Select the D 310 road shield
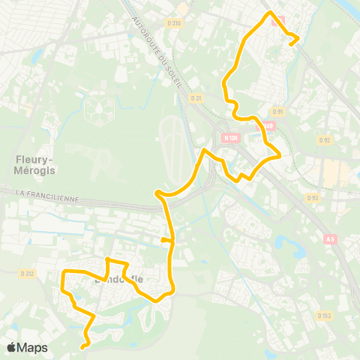[x=175, y=23]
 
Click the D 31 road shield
[x=196, y=98]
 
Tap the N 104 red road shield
[x=230, y=138]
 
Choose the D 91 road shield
[x=278, y=112]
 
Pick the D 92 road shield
[x=324, y=139]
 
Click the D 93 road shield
[x=313, y=197]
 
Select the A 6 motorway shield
[x=331, y=239]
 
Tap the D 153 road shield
[x=324, y=316]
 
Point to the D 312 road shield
[x=28, y=273]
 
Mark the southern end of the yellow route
[x=82, y=346]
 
